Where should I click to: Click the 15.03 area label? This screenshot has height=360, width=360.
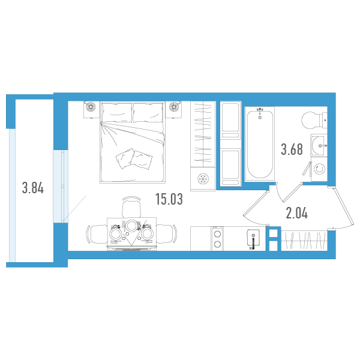click(x=169, y=199)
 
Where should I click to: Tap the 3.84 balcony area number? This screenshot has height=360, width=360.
click(x=33, y=188)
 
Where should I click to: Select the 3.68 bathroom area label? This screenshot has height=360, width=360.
click(x=292, y=149)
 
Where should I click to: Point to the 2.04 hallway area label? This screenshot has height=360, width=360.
click(x=296, y=213)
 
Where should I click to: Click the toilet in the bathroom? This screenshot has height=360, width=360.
click(x=314, y=121)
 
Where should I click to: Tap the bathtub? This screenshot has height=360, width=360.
click(x=260, y=144)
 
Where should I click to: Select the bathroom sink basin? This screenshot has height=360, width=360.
click(x=319, y=145)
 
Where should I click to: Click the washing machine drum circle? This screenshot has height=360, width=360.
click(x=319, y=169)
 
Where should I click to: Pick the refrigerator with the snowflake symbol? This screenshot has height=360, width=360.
click(x=203, y=179)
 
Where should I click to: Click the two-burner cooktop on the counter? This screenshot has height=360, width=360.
click(x=217, y=239)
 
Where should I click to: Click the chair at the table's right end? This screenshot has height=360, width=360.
click(x=167, y=234)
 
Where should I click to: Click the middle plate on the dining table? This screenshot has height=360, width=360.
click(x=131, y=225)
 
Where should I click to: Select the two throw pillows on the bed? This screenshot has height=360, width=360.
click(x=134, y=159)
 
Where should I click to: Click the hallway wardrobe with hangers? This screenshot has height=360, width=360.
click(x=304, y=241)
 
